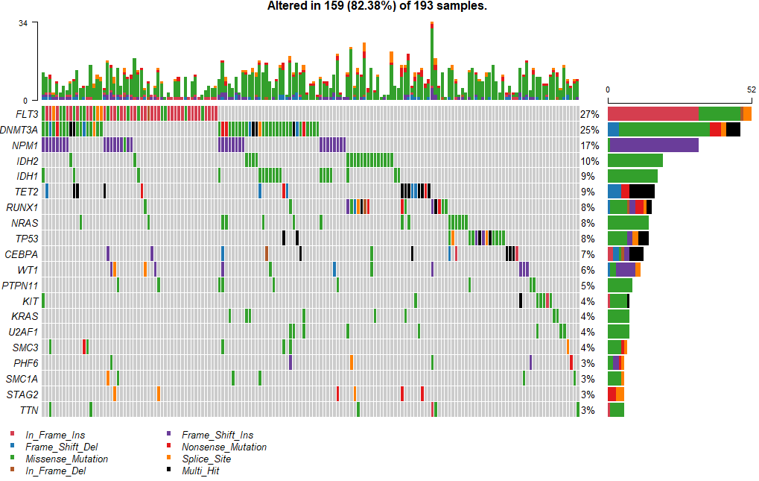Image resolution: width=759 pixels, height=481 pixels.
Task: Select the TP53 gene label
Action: (25, 239)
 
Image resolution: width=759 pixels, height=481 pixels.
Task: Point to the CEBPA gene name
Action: (22, 254)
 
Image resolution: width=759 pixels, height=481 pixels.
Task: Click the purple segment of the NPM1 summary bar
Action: (654, 145)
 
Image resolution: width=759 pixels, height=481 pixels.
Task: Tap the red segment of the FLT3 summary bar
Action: (652, 113)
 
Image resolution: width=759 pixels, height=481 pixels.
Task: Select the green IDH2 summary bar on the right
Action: (635, 160)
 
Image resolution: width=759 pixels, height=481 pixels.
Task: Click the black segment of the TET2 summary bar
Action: (642, 192)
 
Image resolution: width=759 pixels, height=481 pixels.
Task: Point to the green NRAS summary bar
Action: (628, 223)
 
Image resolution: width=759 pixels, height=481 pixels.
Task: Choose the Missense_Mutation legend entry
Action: (66, 459)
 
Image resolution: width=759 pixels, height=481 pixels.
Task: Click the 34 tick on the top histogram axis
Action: (23, 23)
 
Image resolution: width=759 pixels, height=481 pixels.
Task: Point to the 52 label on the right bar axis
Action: (751, 89)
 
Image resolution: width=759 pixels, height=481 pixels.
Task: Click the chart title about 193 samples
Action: (377, 6)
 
